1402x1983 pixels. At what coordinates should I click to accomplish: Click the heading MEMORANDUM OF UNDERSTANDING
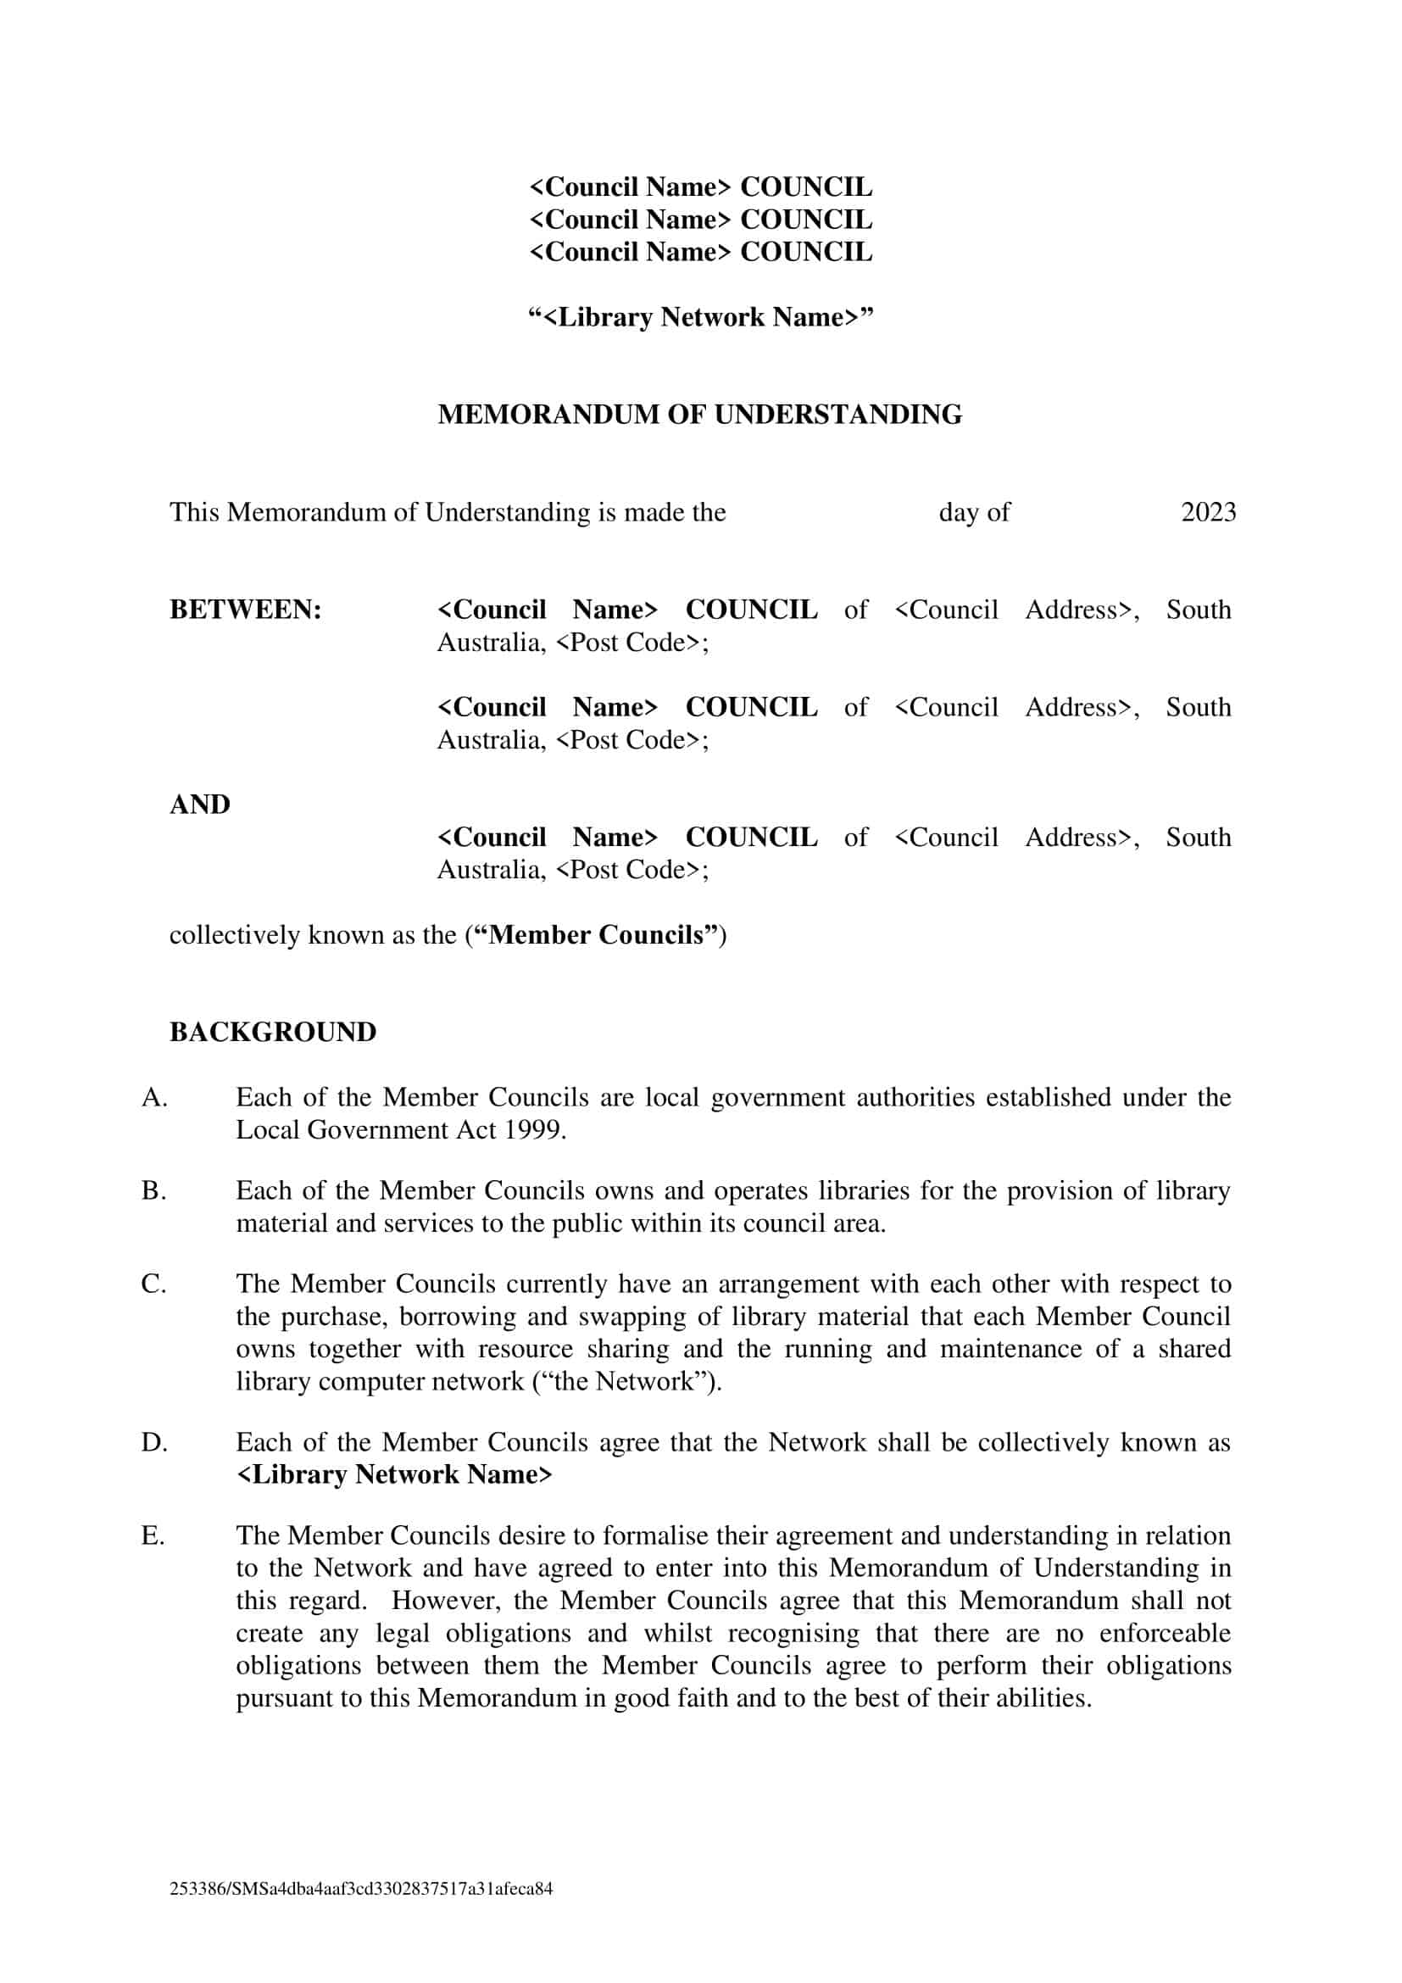(x=699, y=415)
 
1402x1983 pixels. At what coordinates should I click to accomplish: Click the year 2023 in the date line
(x=1208, y=512)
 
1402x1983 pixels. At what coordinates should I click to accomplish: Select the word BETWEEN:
(x=245, y=610)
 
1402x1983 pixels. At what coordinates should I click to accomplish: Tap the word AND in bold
(x=199, y=804)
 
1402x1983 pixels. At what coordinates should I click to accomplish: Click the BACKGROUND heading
(x=273, y=1032)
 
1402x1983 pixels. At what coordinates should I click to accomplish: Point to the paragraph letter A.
(x=153, y=1098)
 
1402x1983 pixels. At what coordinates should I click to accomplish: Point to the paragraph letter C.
(x=153, y=1284)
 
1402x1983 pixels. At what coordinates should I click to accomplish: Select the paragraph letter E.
(x=153, y=1535)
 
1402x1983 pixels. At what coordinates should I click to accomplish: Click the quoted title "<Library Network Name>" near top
(x=700, y=317)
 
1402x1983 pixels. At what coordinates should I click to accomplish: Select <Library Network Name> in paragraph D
(x=393, y=1474)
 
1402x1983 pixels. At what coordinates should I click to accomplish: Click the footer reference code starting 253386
(x=361, y=1889)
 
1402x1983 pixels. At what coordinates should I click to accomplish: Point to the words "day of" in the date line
(x=974, y=512)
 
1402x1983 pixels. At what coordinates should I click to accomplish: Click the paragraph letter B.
(x=153, y=1191)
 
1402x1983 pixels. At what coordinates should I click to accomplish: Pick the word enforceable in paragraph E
(x=1165, y=1633)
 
